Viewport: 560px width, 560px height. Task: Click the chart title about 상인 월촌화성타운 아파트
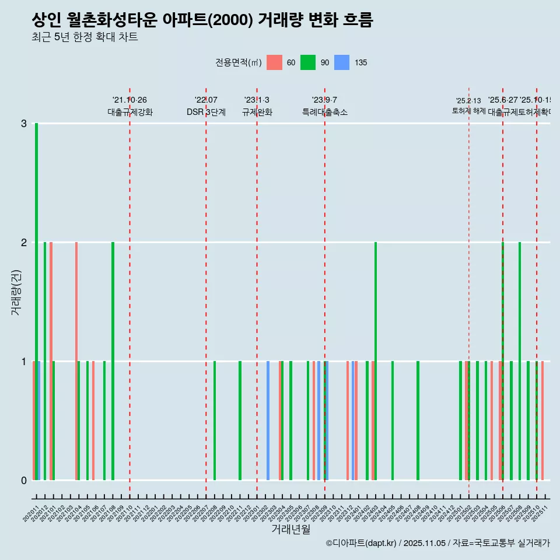click(202, 20)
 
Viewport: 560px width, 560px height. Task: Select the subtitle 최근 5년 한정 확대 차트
click(85, 38)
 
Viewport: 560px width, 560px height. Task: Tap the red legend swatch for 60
click(274, 62)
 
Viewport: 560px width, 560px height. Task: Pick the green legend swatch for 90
click(308, 62)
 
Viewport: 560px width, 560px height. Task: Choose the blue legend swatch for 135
click(342, 62)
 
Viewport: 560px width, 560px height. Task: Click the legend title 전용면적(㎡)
click(239, 62)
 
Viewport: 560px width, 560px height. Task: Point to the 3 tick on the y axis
click(24, 124)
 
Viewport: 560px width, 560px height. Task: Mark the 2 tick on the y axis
click(24, 243)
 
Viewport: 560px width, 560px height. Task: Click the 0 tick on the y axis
click(24, 481)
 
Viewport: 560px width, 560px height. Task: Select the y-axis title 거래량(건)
click(16, 292)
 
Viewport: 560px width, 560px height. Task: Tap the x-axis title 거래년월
click(291, 529)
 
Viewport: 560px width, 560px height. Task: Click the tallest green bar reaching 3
click(36, 302)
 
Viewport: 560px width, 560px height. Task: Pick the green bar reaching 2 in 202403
click(376, 361)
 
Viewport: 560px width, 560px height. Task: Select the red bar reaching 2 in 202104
click(76, 361)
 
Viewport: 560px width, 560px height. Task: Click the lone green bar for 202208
click(215, 421)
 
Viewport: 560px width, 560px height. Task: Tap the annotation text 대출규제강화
click(130, 113)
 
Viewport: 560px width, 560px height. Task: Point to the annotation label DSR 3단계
click(206, 113)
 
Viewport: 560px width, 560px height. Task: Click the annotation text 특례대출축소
click(325, 113)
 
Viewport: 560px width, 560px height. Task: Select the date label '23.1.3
click(257, 100)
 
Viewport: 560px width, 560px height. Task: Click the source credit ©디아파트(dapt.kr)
click(362, 543)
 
